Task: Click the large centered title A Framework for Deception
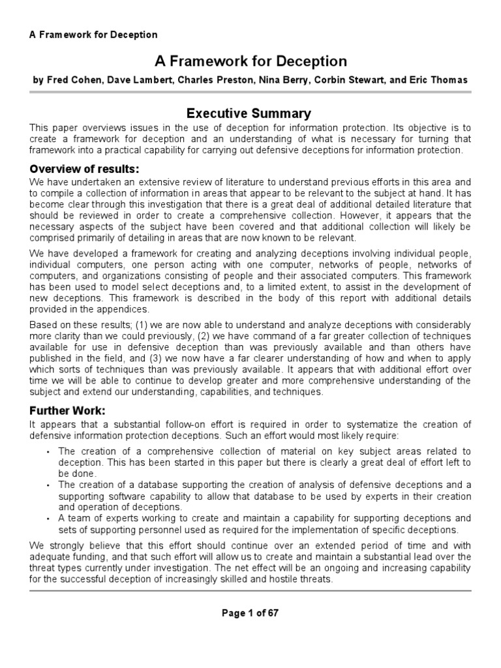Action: click(x=250, y=61)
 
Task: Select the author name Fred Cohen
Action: click(x=68, y=80)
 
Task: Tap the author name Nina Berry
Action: click(x=290, y=80)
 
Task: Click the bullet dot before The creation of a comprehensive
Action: click(x=50, y=451)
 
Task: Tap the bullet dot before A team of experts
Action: click(x=50, y=519)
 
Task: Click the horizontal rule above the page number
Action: click(x=250, y=590)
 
